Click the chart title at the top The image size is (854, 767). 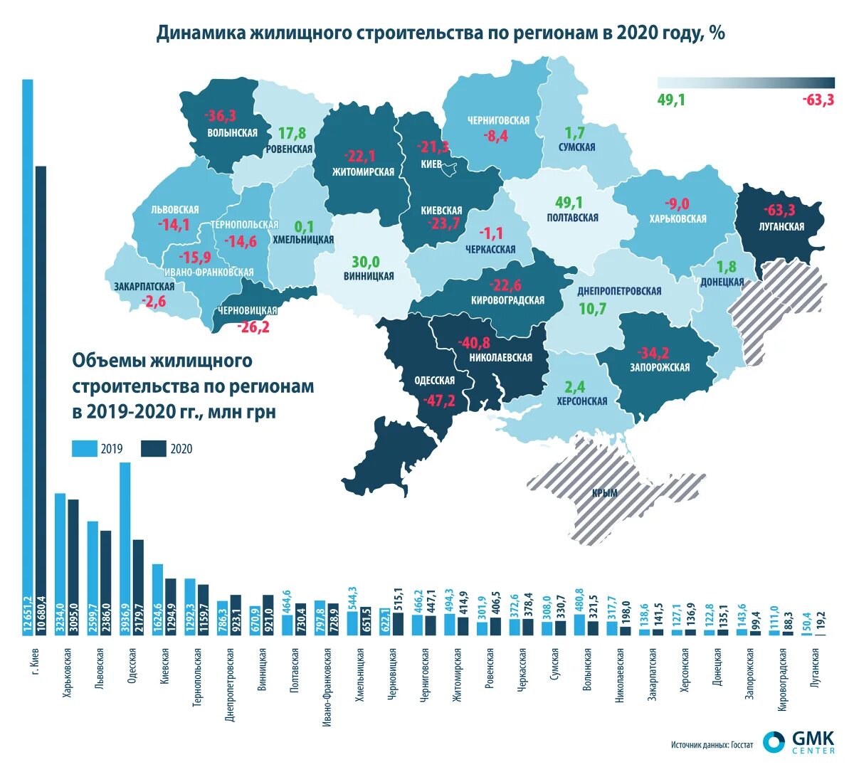coord(441,33)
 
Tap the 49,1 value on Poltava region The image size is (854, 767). coord(569,202)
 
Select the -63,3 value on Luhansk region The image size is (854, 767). coord(780,211)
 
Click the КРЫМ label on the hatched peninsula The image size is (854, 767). coord(605,493)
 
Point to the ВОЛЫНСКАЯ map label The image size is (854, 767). coord(232,132)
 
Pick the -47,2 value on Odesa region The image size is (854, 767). coord(438,401)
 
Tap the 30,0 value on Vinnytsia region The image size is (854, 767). coord(366,261)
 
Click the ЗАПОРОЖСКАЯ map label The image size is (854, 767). coord(659,367)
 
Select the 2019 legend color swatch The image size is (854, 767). coord(84,448)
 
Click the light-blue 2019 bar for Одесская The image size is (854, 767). coord(125,541)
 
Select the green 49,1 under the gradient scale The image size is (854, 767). coord(671,100)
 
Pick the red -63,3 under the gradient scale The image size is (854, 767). coord(818,100)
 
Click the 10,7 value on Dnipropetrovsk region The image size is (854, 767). coord(592,309)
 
